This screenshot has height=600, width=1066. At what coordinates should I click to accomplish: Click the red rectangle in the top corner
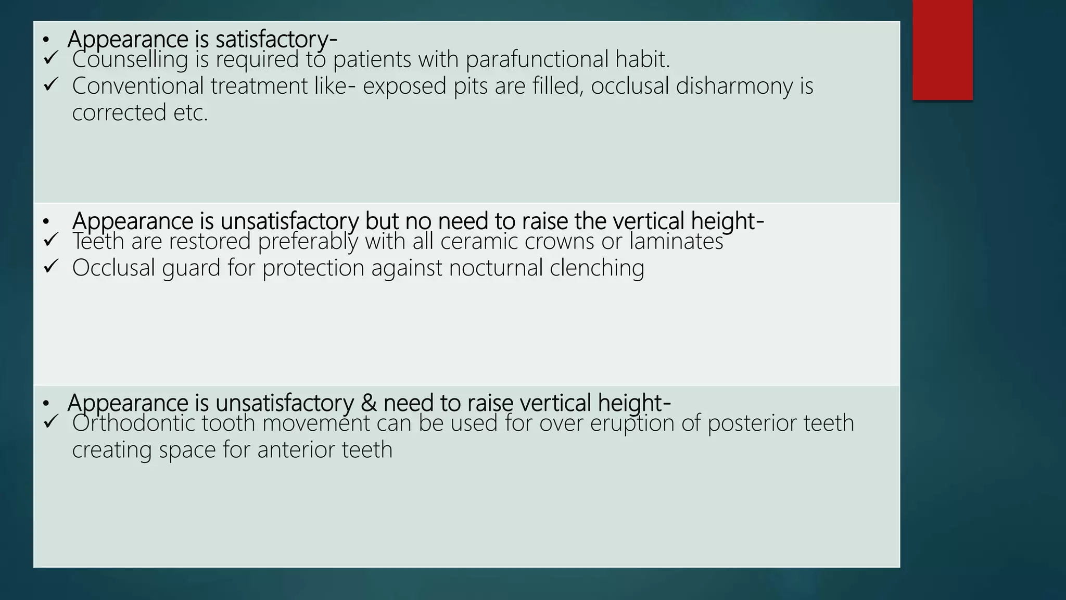(942, 49)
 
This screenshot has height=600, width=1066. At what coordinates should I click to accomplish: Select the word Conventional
(137, 86)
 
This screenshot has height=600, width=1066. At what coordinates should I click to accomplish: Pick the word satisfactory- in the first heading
(276, 40)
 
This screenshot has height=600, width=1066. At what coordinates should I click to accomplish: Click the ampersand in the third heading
(368, 403)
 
